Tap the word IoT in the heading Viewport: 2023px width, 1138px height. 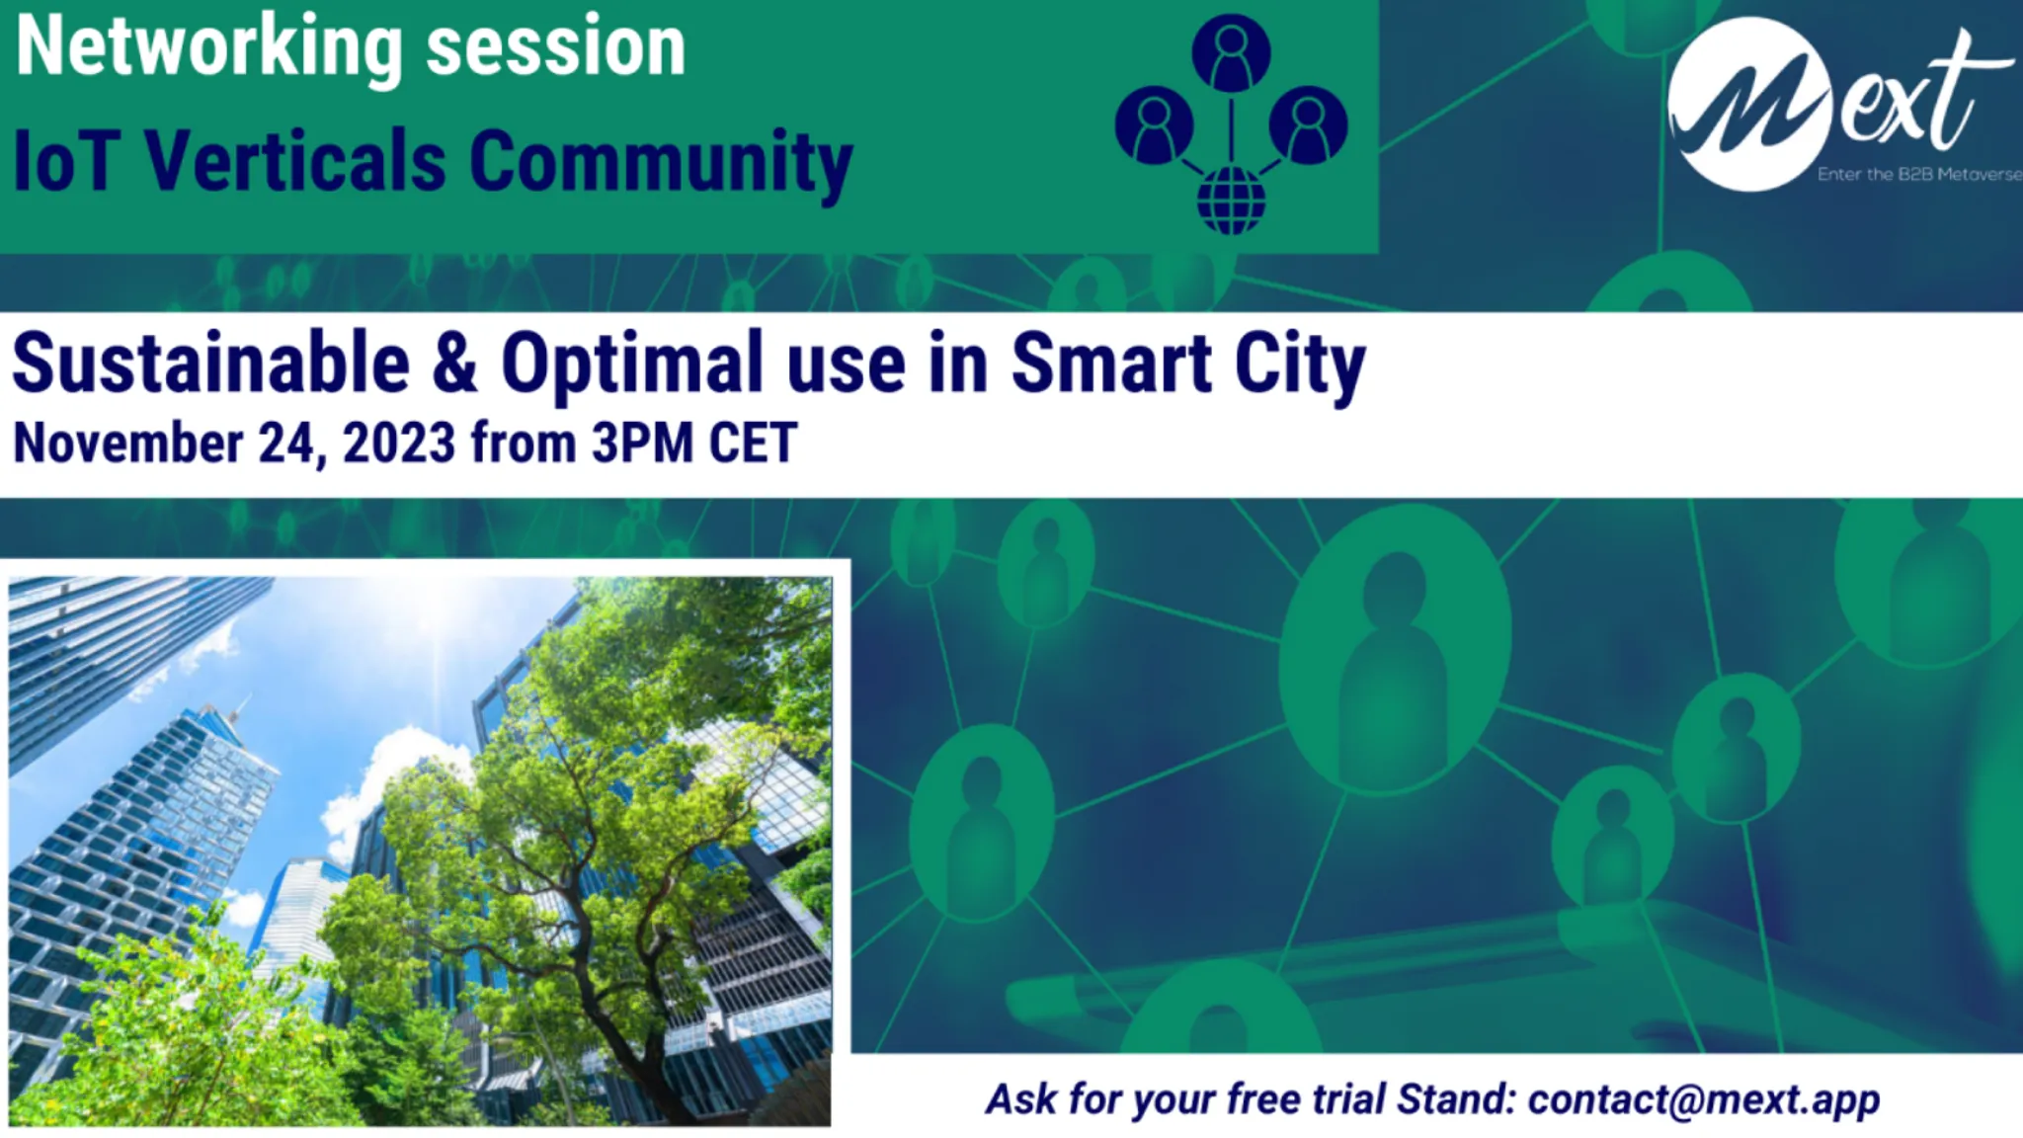[67, 161]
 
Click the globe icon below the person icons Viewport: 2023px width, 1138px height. [1231, 201]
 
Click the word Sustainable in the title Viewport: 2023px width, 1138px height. [210, 364]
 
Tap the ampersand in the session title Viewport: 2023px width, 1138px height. [454, 364]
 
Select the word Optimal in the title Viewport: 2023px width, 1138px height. [632, 364]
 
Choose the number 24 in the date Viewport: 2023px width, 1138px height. [286, 444]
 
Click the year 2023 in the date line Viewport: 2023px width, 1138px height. [399, 444]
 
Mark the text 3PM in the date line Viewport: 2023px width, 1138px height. [642, 444]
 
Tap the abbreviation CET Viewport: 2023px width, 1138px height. [753, 444]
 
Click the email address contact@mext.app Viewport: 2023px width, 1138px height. [1703, 1099]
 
